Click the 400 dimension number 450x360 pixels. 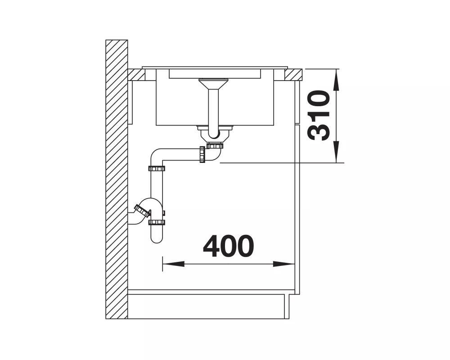click(x=229, y=246)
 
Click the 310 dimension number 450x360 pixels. click(x=318, y=115)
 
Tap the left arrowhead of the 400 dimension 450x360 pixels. click(x=173, y=264)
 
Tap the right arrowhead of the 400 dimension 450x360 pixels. click(x=284, y=264)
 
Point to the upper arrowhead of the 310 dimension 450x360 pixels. click(x=336, y=80)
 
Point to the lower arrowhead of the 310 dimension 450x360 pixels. click(x=336, y=152)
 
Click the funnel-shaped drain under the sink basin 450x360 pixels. click(x=213, y=84)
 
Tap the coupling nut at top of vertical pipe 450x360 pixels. click(x=157, y=168)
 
